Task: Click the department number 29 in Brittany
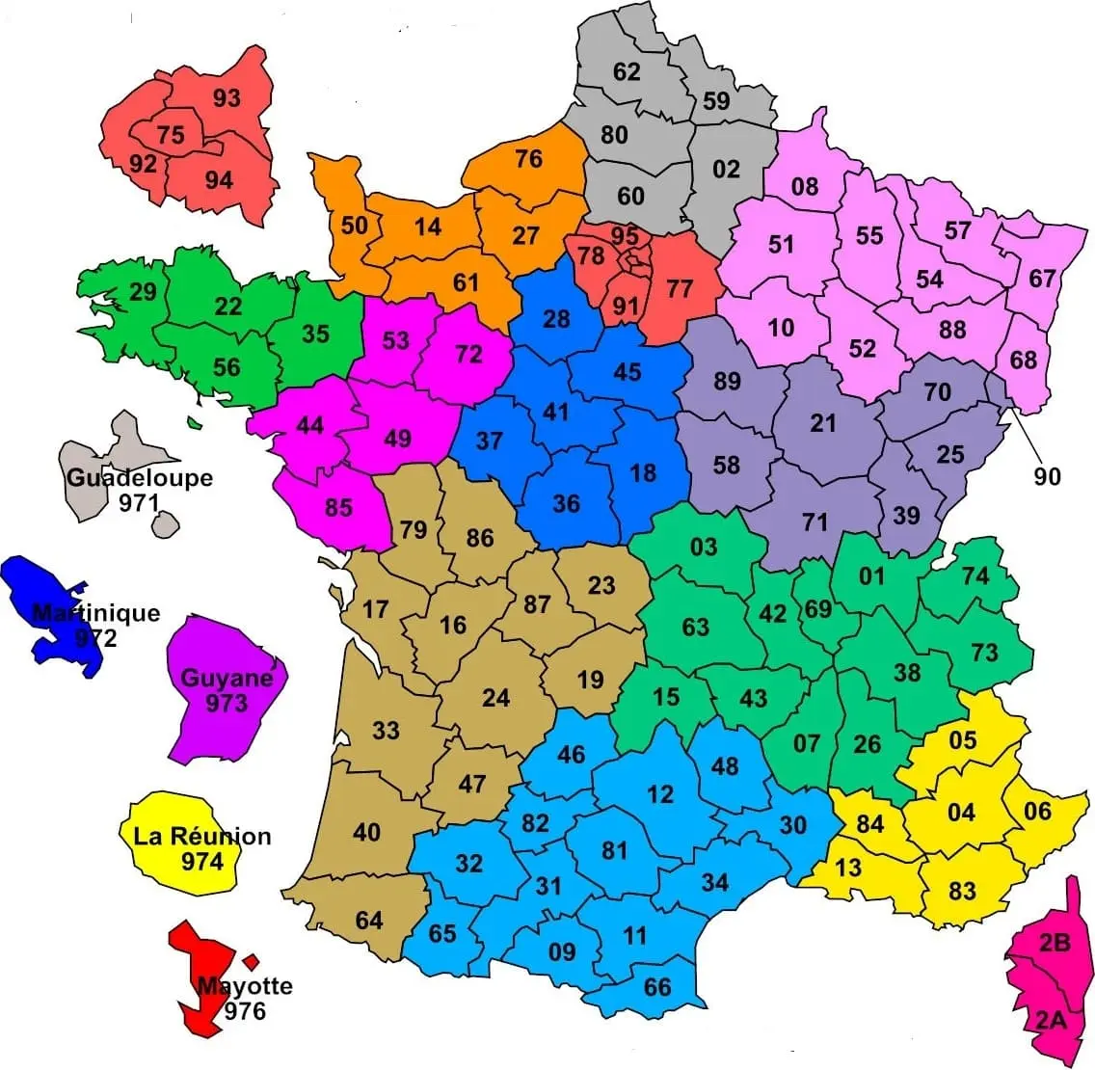tap(143, 290)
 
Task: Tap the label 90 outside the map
tap(1047, 475)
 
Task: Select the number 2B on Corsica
tap(1055, 944)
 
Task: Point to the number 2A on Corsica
tap(1051, 1019)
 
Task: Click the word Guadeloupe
tap(140, 478)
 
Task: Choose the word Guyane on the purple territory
tap(227, 679)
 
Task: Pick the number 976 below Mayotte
tap(244, 1011)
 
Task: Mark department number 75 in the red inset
tap(171, 134)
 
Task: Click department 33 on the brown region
tap(386, 730)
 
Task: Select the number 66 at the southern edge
tap(656, 987)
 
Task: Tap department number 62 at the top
tap(627, 71)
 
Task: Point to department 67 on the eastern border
tap(1042, 279)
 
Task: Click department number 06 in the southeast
tap(1037, 811)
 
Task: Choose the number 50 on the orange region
tap(355, 225)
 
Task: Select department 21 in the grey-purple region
tap(822, 422)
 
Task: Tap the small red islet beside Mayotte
tap(252, 961)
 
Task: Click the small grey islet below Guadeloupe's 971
tap(166, 524)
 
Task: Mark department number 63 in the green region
tap(695, 627)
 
